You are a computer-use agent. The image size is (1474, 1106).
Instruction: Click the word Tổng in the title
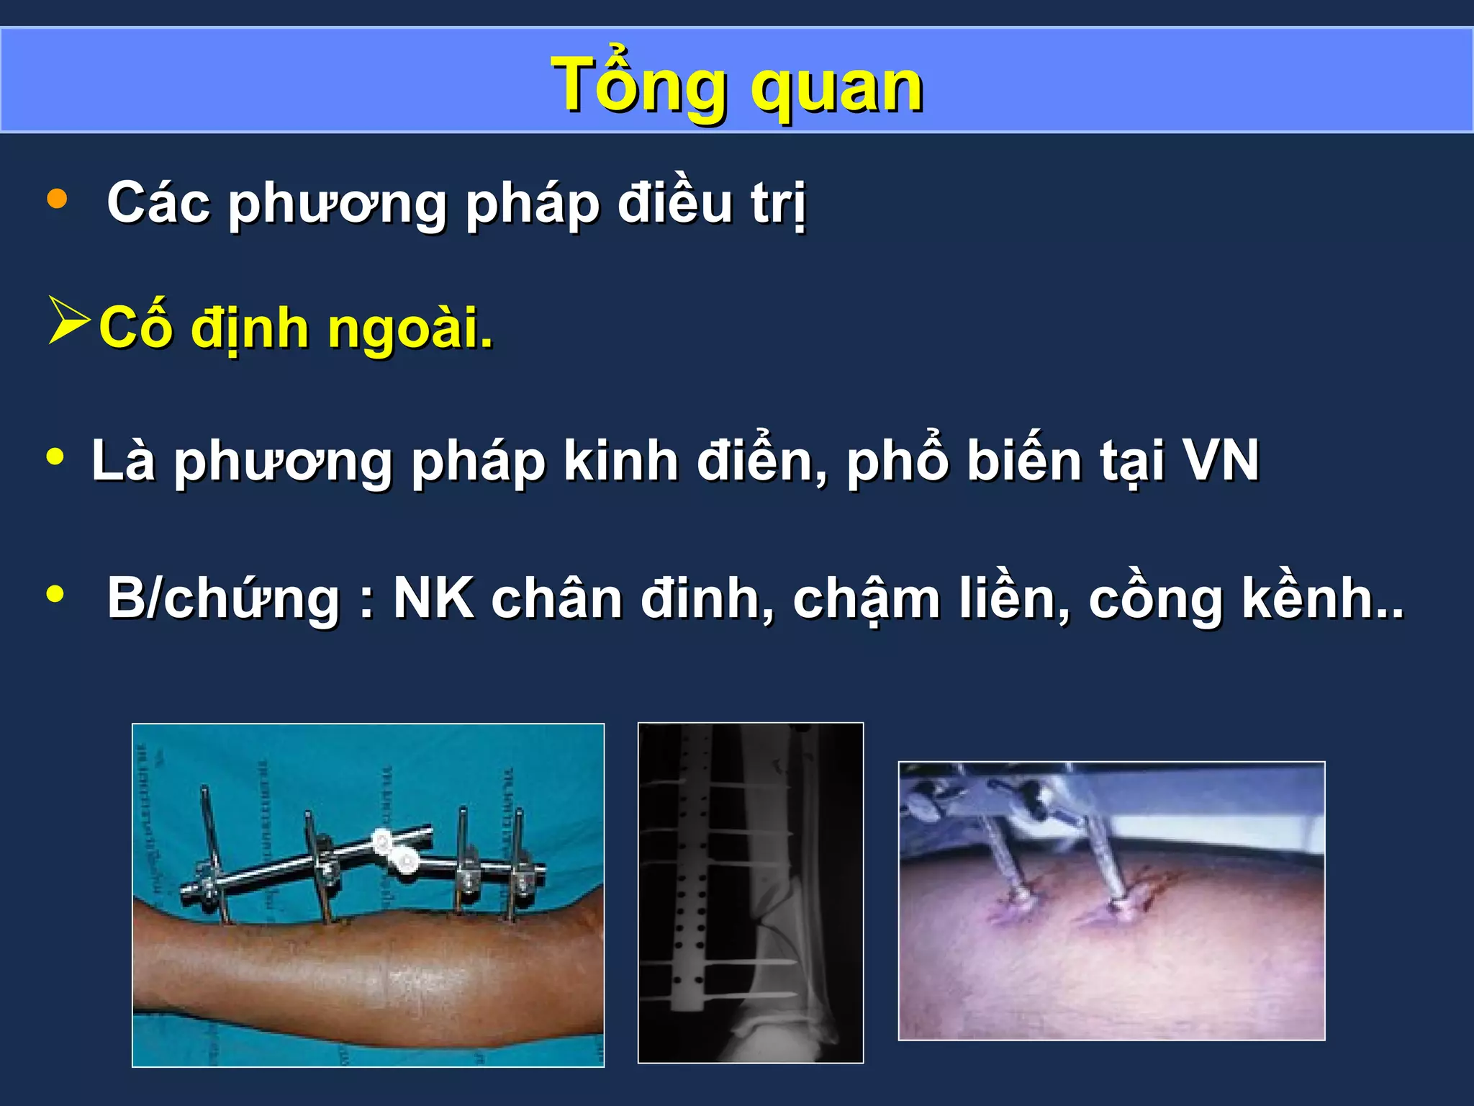pos(643,86)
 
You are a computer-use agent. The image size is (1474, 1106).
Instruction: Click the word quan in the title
pos(837,89)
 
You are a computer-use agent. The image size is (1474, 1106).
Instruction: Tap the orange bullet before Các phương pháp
pos(57,199)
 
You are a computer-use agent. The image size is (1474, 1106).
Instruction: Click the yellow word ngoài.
pos(410,330)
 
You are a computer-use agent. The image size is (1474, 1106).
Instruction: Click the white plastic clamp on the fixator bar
pos(394,850)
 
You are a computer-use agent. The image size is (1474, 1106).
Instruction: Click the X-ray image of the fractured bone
pos(751,892)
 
